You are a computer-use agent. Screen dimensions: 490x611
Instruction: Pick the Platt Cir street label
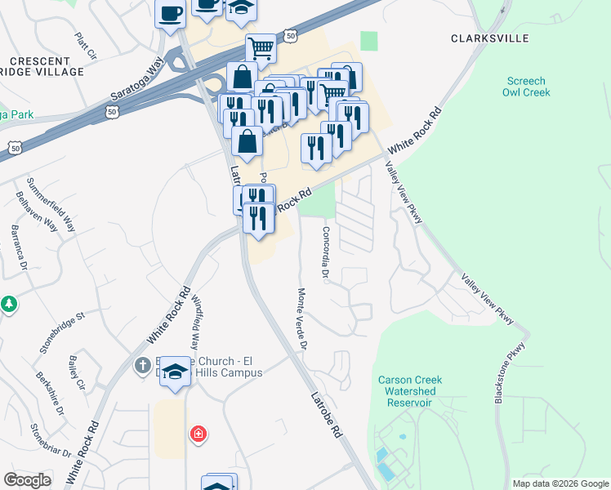pyautogui.click(x=85, y=47)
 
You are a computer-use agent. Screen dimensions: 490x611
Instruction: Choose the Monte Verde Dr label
pyautogui.click(x=301, y=318)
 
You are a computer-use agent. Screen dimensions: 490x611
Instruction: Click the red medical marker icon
pyautogui.click(x=198, y=434)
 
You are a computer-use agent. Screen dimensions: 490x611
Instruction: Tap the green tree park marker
pyautogui.click(x=9, y=304)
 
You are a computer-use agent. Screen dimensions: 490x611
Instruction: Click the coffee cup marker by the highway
pyautogui.click(x=171, y=14)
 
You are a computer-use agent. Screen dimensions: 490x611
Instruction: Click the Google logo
pyautogui.click(x=27, y=480)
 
